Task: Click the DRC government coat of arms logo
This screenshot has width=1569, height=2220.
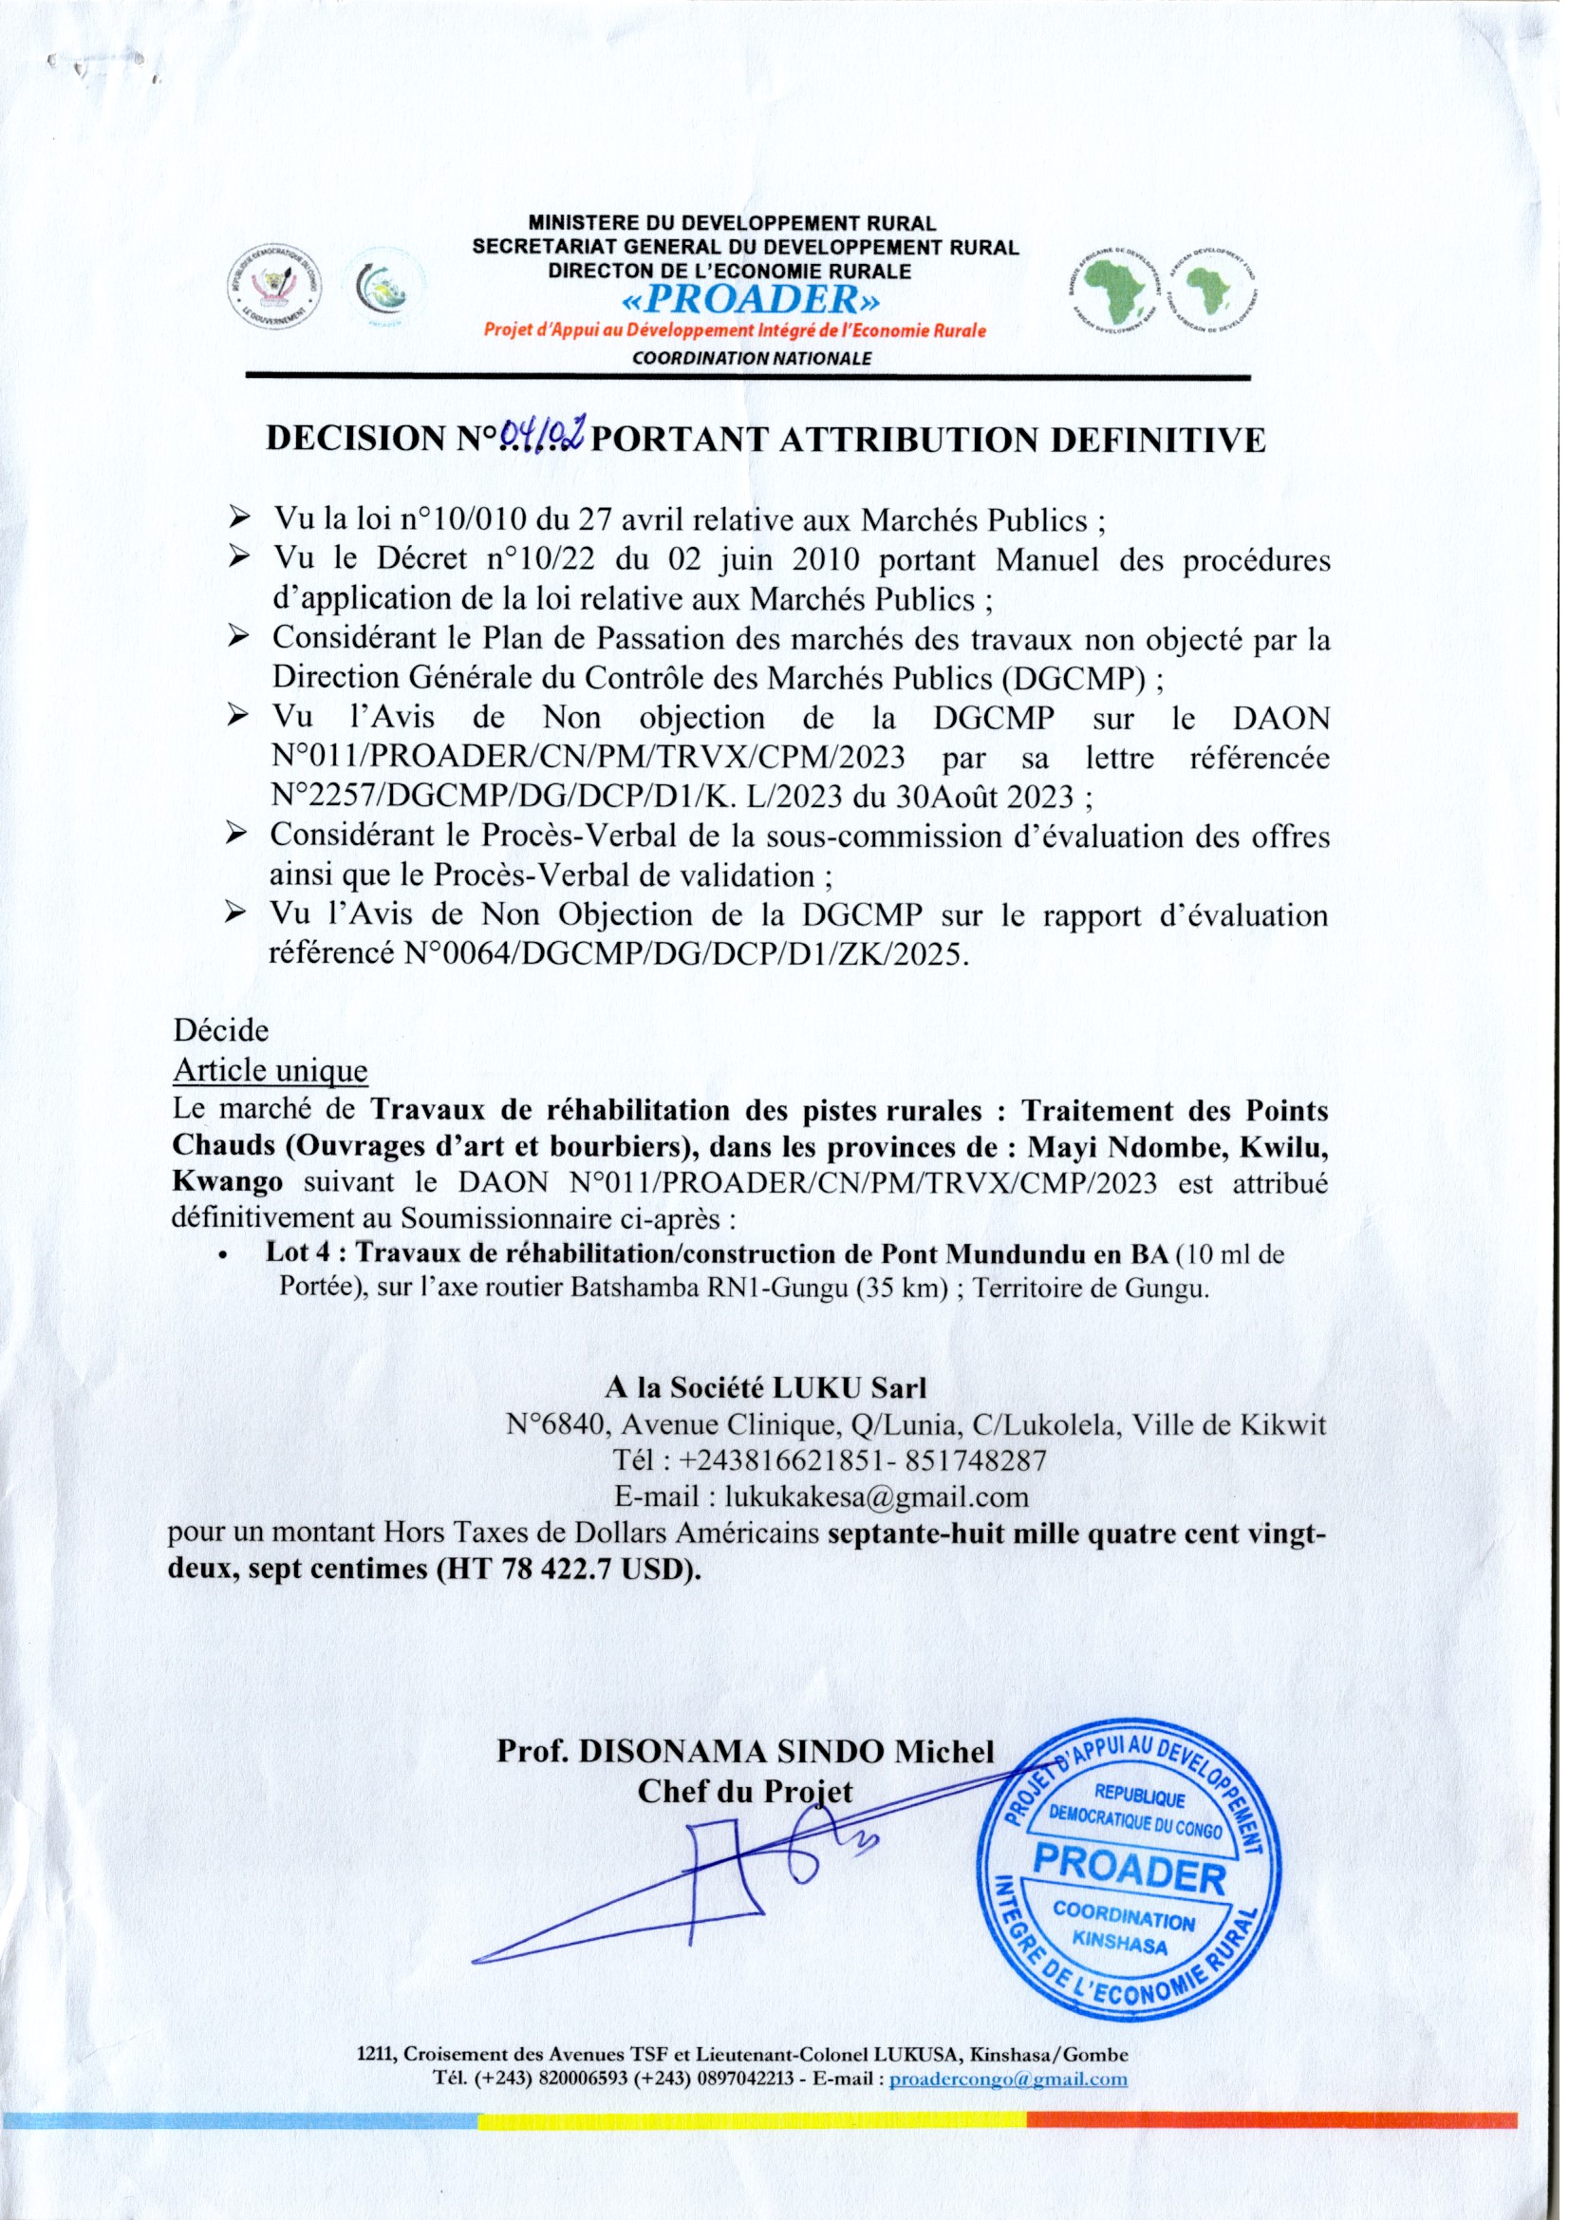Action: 278,287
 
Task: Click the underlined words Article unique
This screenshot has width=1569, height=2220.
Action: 270,1071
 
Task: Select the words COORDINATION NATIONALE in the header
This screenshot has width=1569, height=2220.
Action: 751,358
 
